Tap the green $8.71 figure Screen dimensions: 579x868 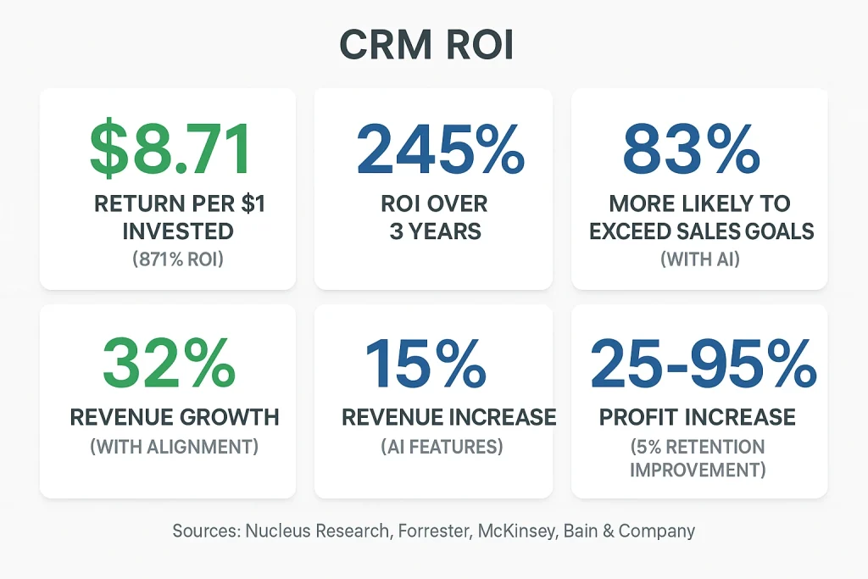tap(170, 149)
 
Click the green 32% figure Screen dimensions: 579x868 tap(169, 363)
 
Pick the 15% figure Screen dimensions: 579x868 tap(425, 363)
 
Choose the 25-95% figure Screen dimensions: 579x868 tap(703, 363)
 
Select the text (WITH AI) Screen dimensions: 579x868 tap(699, 259)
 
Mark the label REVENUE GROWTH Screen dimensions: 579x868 tap(175, 417)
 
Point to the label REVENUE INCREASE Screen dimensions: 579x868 tap(448, 417)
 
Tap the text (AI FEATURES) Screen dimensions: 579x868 tap(442, 447)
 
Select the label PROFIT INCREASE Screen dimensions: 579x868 tap(697, 417)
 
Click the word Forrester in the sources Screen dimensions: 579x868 tap(442, 532)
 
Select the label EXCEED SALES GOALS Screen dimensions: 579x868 tap(700, 231)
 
